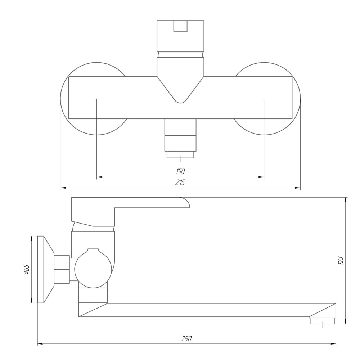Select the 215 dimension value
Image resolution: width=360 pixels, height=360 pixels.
(180, 182)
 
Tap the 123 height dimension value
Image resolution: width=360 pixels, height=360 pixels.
(341, 260)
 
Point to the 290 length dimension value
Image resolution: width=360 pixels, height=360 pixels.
(186, 338)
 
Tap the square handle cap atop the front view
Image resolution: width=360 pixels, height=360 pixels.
(180, 36)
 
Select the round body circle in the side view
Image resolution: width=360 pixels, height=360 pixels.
(93, 268)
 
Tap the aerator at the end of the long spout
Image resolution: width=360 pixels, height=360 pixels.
(322, 320)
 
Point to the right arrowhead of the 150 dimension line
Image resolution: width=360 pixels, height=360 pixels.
(262, 177)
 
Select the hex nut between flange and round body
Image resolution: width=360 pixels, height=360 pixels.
(62, 269)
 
